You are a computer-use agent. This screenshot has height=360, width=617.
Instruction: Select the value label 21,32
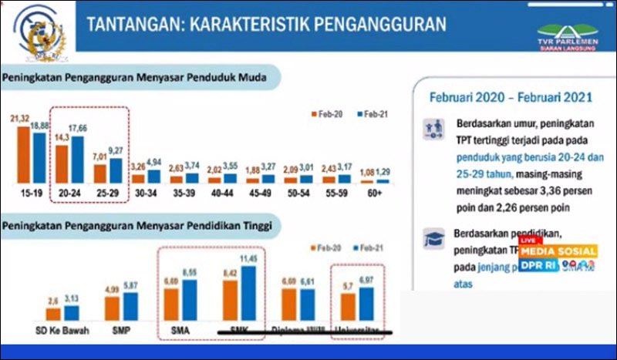click(20, 117)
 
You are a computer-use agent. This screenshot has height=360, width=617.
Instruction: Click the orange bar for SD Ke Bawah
click(53, 314)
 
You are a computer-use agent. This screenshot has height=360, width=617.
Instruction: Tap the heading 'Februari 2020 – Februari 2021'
click(511, 98)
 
